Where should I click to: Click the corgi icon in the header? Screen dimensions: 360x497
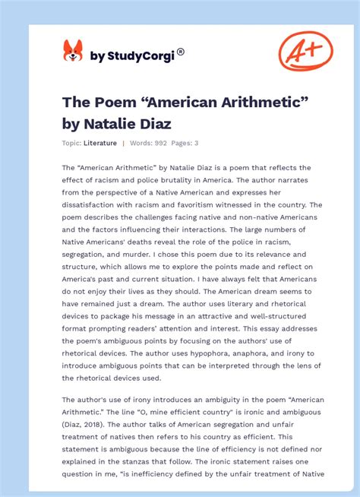[72, 51]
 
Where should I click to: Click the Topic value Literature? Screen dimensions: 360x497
[100, 143]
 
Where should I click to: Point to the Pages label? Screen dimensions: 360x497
[182, 143]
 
